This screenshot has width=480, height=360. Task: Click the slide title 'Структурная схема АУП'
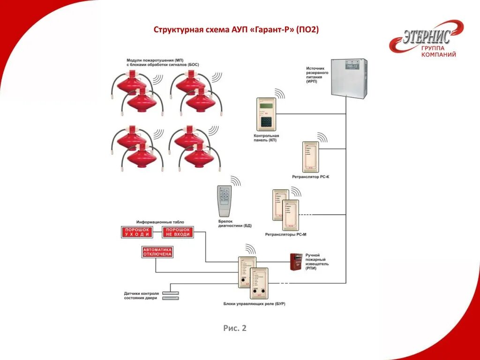(236, 30)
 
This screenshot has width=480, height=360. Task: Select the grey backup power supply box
(349, 78)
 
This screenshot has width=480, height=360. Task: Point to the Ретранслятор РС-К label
(310, 176)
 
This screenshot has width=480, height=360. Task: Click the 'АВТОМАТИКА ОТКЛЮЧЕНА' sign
(157, 252)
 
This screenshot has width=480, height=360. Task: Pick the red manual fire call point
(296, 262)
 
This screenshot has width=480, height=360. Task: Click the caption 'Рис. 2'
(235, 328)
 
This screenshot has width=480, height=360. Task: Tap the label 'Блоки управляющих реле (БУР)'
(254, 304)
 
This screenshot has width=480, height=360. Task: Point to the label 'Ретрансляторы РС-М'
(285, 234)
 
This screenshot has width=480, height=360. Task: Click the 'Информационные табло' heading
(160, 222)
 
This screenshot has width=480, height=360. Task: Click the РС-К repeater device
(310, 157)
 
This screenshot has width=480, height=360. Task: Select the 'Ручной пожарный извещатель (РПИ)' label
(317, 264)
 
